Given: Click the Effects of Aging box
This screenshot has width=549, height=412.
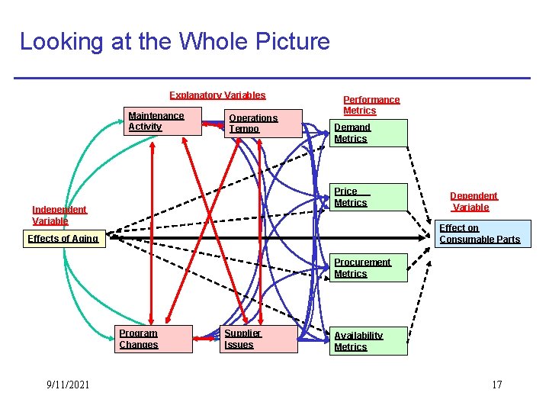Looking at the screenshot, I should click(x=63, y=239).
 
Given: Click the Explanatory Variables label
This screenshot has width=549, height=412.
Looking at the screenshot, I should click(x=217, y=95).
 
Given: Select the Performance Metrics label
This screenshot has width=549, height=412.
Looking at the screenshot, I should click(x=371, y=105).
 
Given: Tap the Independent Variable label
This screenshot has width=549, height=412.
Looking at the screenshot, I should click(x=59, y=215).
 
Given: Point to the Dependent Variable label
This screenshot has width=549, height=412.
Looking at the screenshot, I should click(x=474, y=201).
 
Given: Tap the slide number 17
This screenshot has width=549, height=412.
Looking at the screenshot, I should click(x=496, y=385).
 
